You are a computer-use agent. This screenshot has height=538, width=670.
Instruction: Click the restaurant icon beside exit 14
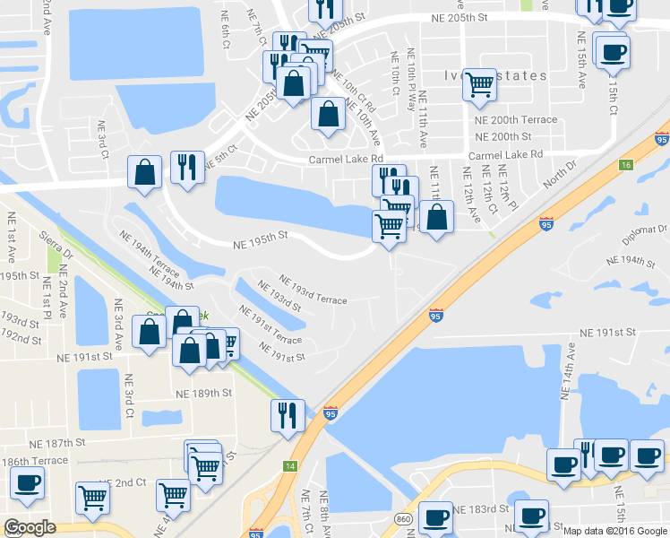tap(288, 415)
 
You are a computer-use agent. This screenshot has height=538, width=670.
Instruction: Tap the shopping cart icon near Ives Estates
tap(479, 85)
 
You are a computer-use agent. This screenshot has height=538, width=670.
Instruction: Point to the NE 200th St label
tap(504, 136)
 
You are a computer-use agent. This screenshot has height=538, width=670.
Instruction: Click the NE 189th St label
tap(204, 394)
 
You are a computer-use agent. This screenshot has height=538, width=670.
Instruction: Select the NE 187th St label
tap(56, 443)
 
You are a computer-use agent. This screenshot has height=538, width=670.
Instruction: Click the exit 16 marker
tap(625, 165)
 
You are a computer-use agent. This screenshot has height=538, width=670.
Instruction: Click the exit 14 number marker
tap(291, 465)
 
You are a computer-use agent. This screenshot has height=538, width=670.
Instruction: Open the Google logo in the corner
tap(30, 527)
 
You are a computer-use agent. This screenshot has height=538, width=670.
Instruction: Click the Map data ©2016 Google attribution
tap(614, 531)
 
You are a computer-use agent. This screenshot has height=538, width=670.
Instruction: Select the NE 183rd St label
tap(480, 509)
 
